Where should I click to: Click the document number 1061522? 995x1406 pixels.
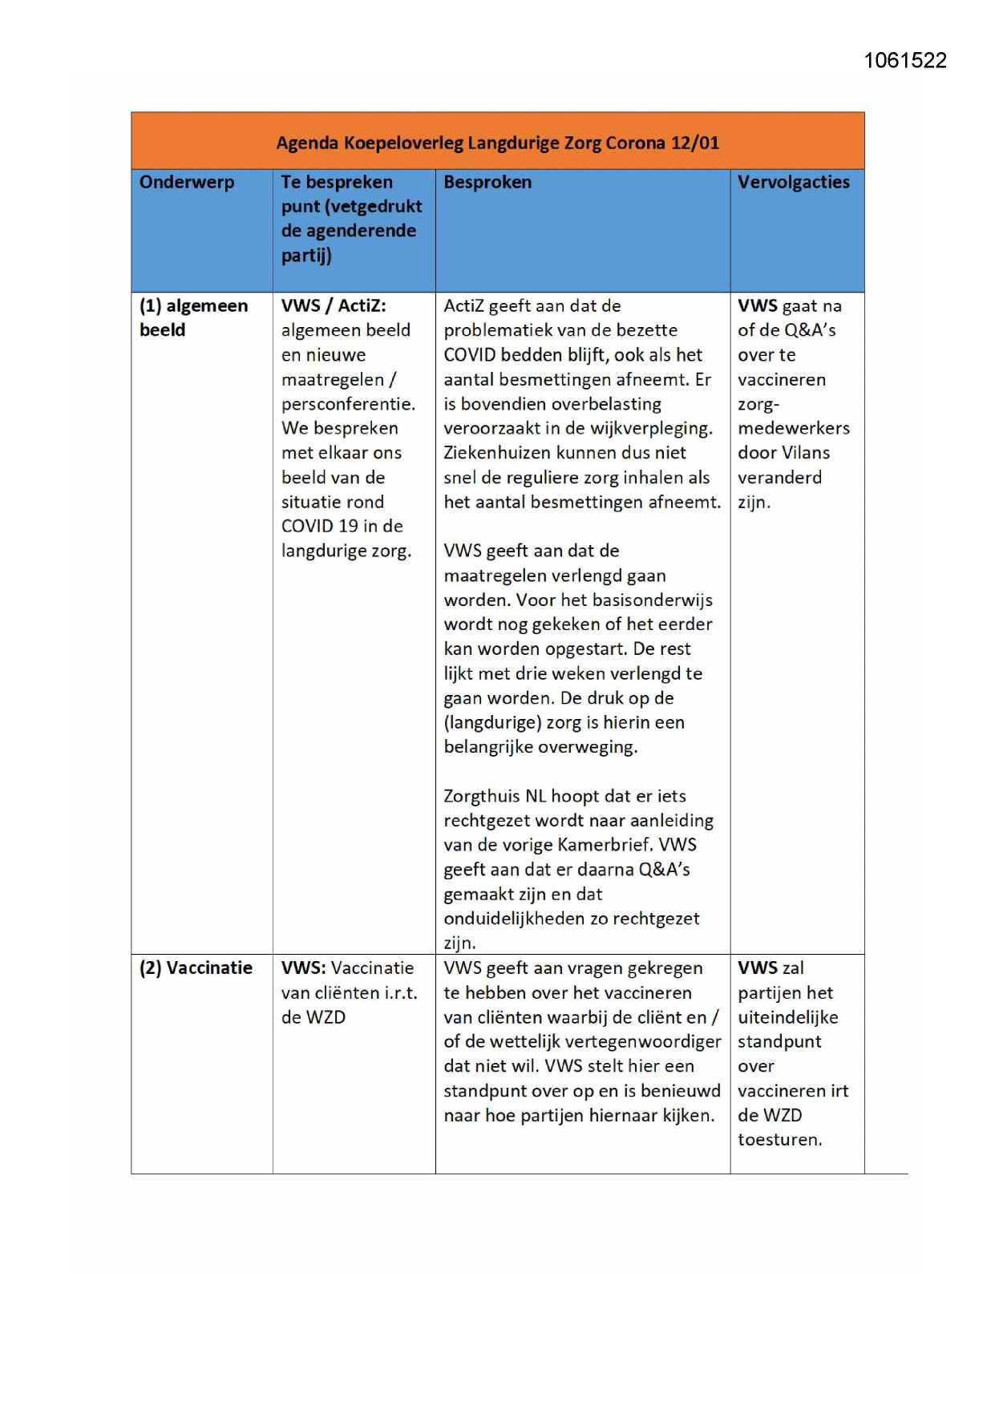[x=904, y=61]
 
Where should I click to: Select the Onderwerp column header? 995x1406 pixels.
[x=187, y=182]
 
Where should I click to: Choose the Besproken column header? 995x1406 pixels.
[x=487, y=182]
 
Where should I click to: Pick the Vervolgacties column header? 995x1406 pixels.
[x=793, y=182]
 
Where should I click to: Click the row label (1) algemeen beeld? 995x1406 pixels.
[x=193, y=317]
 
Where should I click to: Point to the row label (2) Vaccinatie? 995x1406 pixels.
[x=196, y=968]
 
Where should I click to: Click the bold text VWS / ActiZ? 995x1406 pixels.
[x=334, y=305]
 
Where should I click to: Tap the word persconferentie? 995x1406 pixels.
[x=348, y=404]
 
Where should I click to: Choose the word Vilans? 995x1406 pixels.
[x=806, y=453]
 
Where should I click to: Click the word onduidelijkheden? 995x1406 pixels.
[x=515, y=919]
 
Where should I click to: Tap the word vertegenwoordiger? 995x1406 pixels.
[x=649, y=1042]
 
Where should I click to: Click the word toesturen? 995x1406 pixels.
[x=779, y=1140]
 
